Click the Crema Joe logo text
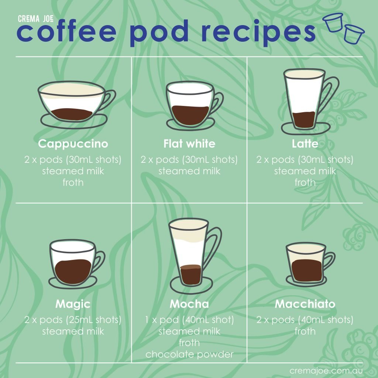click(x=36, y=18)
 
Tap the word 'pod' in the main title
click(x=159, y=33)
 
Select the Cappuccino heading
click(x=73, y=144)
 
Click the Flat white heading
click(x=189, y=144)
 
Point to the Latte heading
click(x=305, y=144)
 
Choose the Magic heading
click(x=73, y=304)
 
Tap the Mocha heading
click(x=189, y=304)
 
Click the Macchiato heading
click(x=305, y=304)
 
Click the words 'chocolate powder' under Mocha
click(x=189, y=354)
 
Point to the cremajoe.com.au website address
click(x=326, y=371)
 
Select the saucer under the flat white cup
click(x=190, y=124)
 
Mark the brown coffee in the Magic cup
click(x=73, y=272)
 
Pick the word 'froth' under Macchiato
click(x=305, y=331)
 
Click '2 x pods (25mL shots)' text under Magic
click(x=73, y=320)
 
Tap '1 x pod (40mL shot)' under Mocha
click(x=189, y=320)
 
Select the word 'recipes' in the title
click(x=258, y=33)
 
